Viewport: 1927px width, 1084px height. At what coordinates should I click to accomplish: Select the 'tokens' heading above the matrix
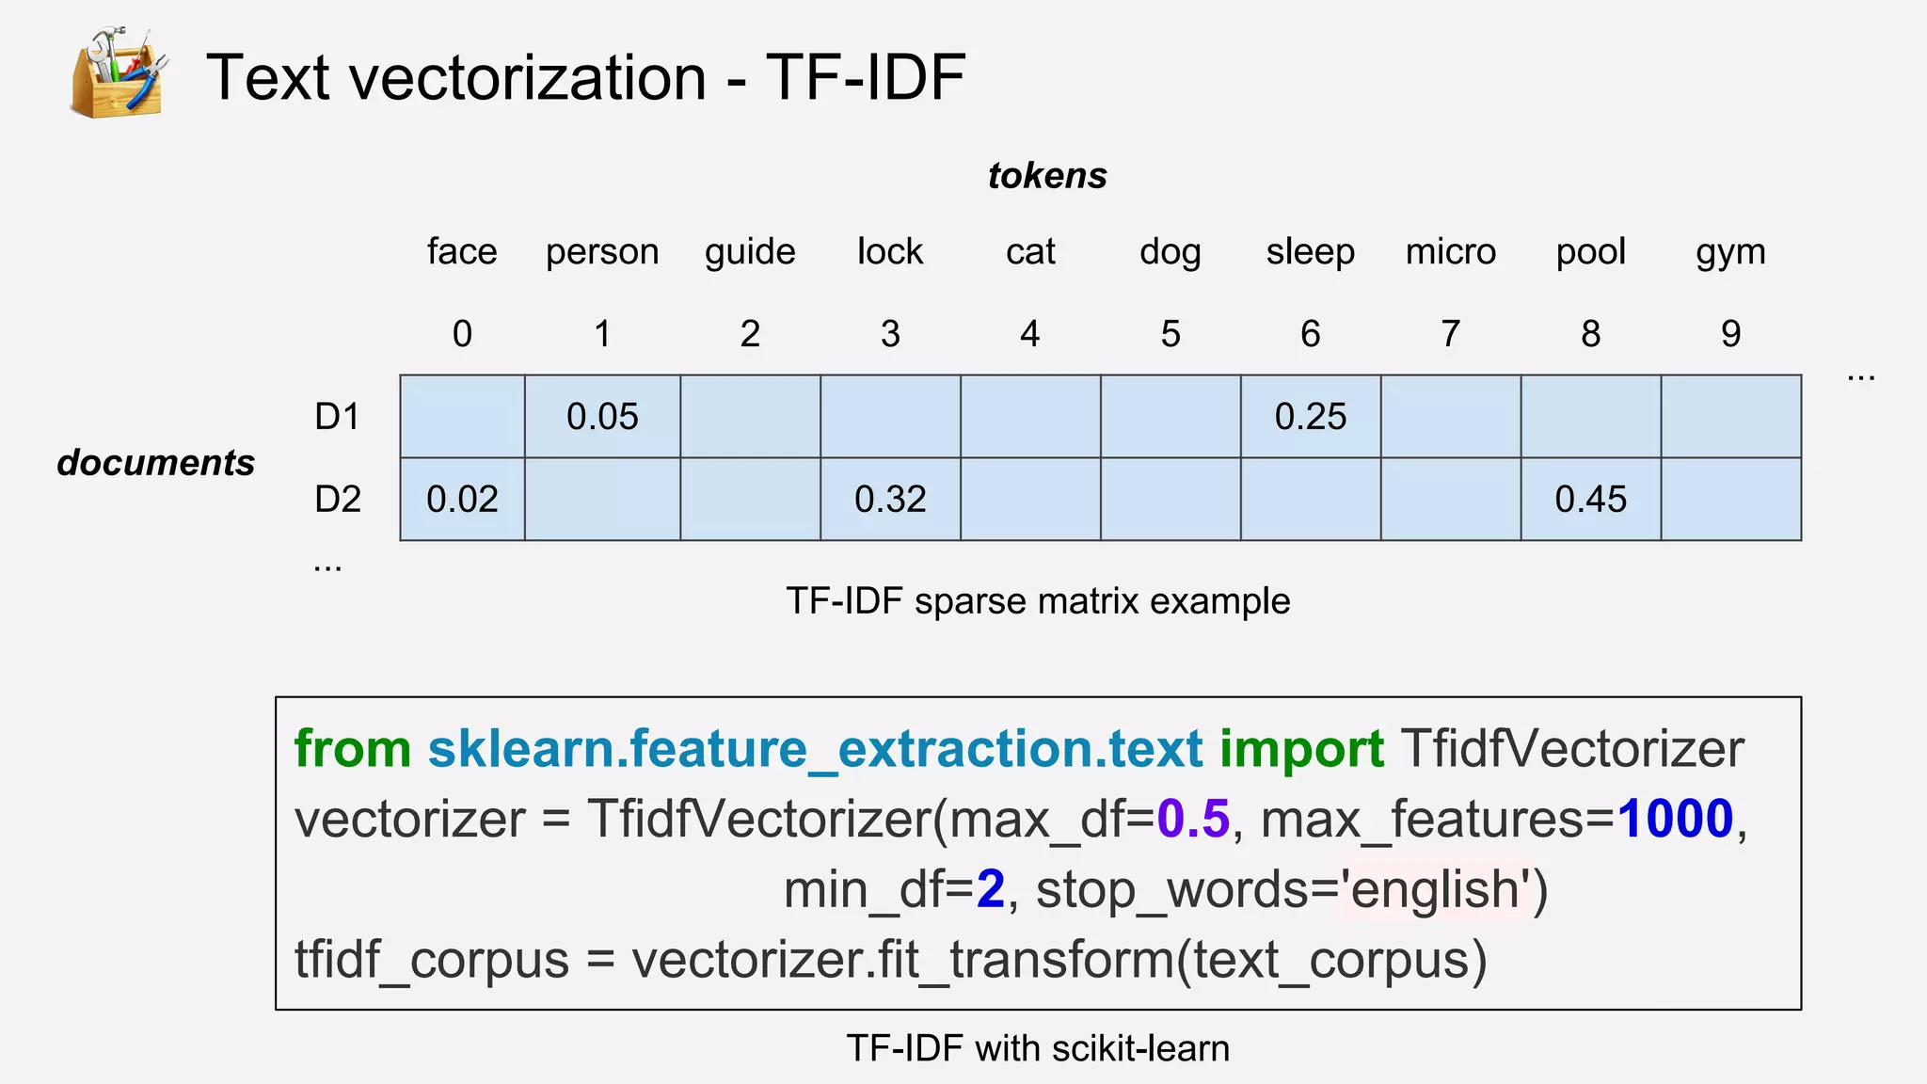coord(1047,176)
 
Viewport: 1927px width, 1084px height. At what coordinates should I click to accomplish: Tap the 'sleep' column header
coord(1310,252)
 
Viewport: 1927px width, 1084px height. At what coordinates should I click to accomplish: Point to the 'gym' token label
coord(1730,252)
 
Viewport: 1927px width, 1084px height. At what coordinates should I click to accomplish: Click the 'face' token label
coord(461,252)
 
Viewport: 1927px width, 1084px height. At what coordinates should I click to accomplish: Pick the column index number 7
coord(1450,334)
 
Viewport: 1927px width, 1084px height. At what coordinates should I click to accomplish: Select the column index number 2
coord(750,334)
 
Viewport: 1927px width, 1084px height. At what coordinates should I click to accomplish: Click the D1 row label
coord(338,416)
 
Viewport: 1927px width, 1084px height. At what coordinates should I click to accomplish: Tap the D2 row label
coord(338,499)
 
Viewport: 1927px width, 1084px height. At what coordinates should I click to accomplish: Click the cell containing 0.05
coord(602,417)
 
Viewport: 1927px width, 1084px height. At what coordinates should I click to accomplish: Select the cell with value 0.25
coord(1311,417)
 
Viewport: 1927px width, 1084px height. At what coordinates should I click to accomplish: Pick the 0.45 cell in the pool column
coord(1590,499)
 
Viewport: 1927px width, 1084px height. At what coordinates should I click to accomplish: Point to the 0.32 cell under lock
coord(890,499)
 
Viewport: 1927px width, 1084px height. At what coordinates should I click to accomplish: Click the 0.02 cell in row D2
coord(462,499)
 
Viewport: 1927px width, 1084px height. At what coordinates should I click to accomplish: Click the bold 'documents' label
coord(156,463)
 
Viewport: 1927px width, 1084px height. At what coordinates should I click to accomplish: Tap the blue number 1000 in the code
coord(1675,819)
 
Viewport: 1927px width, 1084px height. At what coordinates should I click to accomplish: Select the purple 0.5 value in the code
coord(1192,819)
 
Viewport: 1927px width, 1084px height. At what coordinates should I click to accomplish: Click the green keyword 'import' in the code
coord(1301,749)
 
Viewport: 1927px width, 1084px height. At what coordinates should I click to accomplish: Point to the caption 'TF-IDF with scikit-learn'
coord(1038,1048)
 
